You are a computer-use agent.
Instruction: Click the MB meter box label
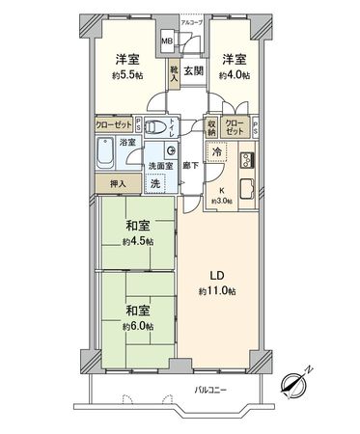click(167, 41)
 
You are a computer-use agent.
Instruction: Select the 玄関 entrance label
click(192, 70)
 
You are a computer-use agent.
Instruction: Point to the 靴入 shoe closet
click(174, 74)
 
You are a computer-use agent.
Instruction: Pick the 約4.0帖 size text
click(233, 74)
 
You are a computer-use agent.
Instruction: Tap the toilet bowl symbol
click(170, 149)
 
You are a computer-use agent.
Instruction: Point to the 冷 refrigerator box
click(217, 151)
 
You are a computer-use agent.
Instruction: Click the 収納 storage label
click(211, 125)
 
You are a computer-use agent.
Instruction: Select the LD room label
click(217, 274)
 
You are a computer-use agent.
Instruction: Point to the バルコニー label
click(210, 391)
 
